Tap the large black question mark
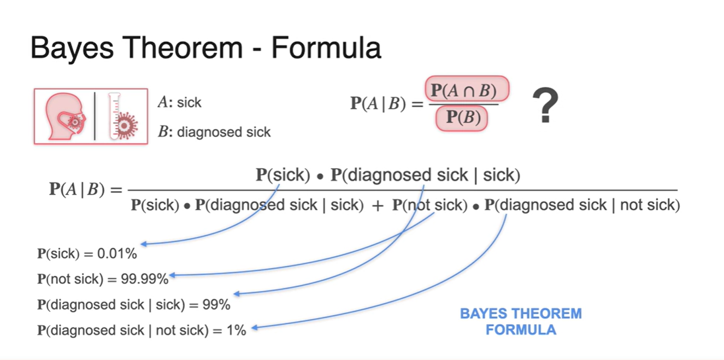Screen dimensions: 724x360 click(x=545, y=106)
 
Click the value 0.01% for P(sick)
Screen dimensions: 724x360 click(x=117, y=253)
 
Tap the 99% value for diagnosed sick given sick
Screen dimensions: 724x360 click(x=217, y=304)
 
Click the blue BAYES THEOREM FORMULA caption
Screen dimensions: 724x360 click(x=520, y=321)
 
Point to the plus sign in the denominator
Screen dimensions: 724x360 click(x=378, y=206)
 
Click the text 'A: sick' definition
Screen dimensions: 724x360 click(x=179, y=103)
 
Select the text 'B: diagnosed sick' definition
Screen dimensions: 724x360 click(x=214, y=132)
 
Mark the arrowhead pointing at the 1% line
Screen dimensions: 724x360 click(x=255, y=328)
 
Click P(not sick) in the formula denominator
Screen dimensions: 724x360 click(x=429, y=205)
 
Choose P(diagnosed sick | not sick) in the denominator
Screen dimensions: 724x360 click(x=582, y=205)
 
